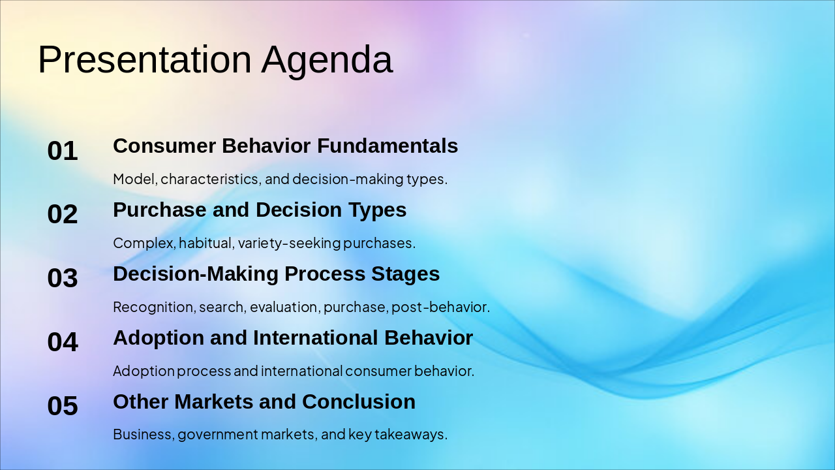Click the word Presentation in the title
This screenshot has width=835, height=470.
[145, 59]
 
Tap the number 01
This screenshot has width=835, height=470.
[63, 151]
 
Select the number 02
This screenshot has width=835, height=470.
[63, 214]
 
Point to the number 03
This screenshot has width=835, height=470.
[63, 278]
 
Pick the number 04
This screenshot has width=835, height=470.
[63, 341]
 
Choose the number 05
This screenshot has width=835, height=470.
[63, 405]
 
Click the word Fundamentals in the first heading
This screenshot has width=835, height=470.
[387, 146]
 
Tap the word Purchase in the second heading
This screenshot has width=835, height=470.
[160, 210]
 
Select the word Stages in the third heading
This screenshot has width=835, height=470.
[406, 274]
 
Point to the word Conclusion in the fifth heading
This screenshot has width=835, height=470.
[359, 401]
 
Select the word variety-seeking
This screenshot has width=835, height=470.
[289, 243]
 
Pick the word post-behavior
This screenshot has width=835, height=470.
[440, 307]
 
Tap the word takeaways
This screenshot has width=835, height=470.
[411, 435]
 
